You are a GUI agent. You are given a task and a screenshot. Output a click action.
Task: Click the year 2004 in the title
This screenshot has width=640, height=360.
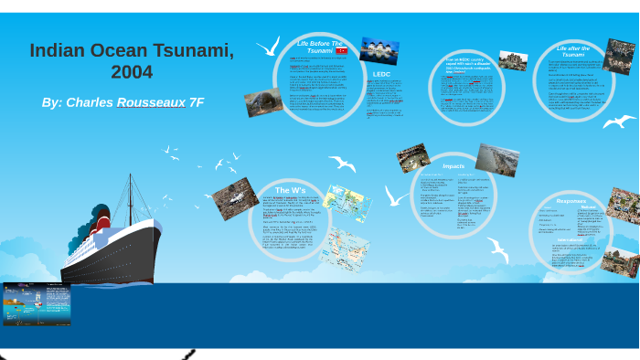coord(132,72)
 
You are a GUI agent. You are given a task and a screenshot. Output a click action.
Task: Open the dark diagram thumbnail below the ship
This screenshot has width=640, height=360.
coord(37,304)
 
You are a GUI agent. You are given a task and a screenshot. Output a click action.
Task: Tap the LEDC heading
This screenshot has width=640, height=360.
coord(381,74)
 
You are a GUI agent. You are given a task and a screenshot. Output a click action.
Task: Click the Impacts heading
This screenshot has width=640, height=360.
coord(453,166)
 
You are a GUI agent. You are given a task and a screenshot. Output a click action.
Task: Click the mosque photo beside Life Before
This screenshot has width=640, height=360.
coord(379,50)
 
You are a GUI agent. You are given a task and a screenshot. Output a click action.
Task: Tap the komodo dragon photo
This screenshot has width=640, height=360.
coord(263,101)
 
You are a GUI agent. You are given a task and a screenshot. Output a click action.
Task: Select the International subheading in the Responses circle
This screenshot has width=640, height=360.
coord(573,238)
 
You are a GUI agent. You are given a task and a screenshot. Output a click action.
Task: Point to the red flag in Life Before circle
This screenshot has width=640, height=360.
coord(341,51)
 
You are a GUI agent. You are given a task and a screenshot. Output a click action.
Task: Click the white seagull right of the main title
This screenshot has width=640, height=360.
coord(268,46)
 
